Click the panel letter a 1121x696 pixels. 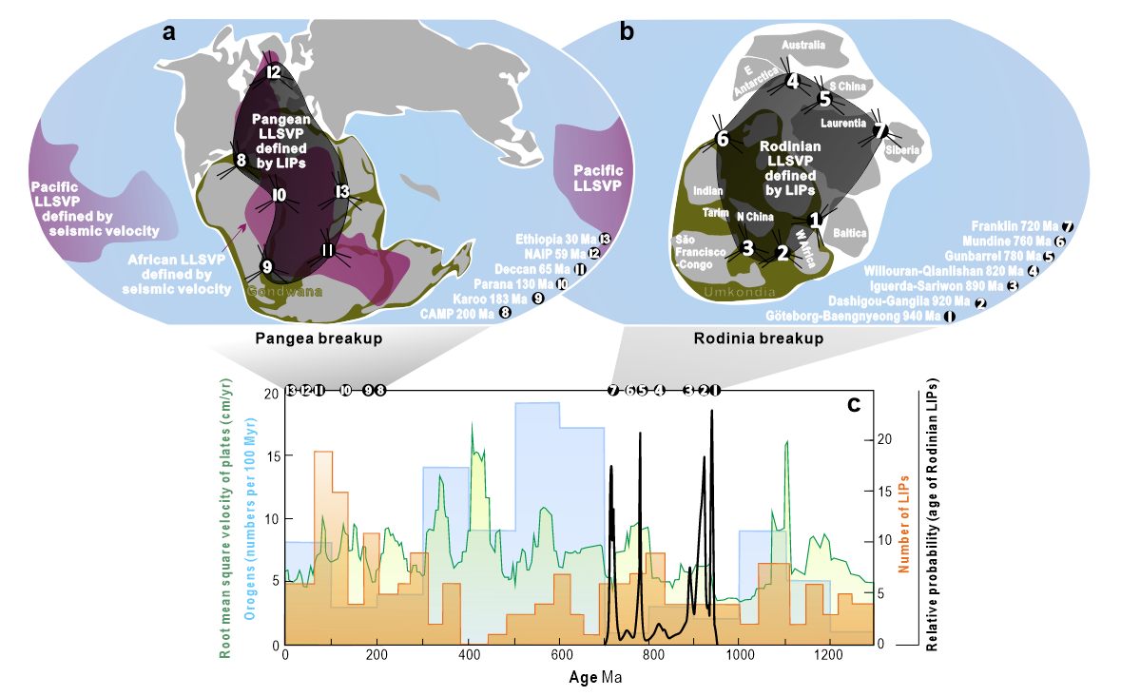[169, 32]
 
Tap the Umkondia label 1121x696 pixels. [737, 298]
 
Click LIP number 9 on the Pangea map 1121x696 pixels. [267, 266]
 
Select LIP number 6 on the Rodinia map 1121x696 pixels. [723, 140]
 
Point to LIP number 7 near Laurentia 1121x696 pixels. [880, 130]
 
